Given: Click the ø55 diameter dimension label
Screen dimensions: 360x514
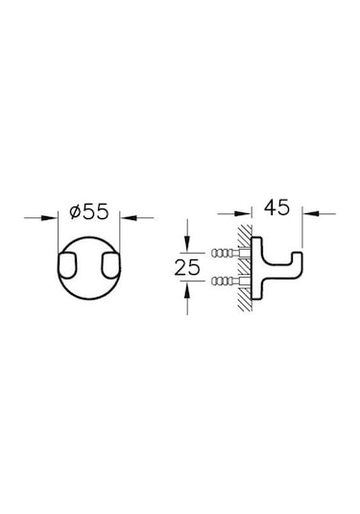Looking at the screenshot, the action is pyautogui.click(x=88, y=211).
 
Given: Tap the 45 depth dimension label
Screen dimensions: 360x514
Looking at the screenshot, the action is pyautogui.click(x=276, y=208).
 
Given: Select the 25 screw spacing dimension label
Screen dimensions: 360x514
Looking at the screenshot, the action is pyautogui.click(x=187, y=267).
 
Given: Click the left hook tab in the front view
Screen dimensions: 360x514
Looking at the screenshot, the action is pyautogui.click(x=68, y=265).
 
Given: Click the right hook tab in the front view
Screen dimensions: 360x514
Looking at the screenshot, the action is pyautogui.click(x=110, y=265).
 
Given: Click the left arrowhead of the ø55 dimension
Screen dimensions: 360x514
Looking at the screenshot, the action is pyautogui.click(x=50, y=218).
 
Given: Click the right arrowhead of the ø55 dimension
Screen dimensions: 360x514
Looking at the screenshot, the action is pyautogui.click(x=128, y=218).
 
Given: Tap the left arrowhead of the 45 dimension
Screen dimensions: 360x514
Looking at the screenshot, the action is pyautogui.click(x=243, y=214).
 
